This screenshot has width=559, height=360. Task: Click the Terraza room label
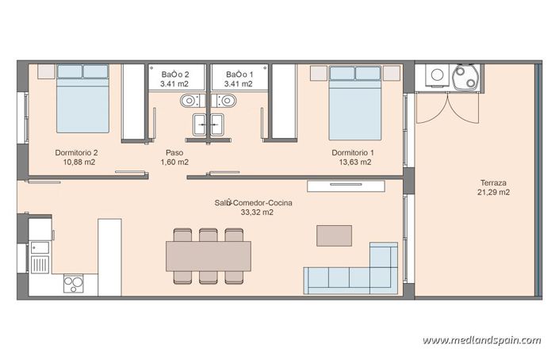coord(493,182)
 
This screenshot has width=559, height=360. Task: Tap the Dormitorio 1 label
coord(353,152)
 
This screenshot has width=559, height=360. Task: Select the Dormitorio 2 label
coord(77,152)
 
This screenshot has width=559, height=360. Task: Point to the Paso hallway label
coord(174,152)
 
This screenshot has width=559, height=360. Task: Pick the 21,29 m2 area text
coord(493,192)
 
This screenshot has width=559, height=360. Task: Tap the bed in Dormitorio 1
coord(355,101)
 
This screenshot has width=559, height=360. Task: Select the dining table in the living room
coord(208,255)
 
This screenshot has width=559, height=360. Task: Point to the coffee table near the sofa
coord(334,236)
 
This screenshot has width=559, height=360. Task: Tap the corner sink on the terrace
coord(464,78)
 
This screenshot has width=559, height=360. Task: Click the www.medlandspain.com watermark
coord(481,340)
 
